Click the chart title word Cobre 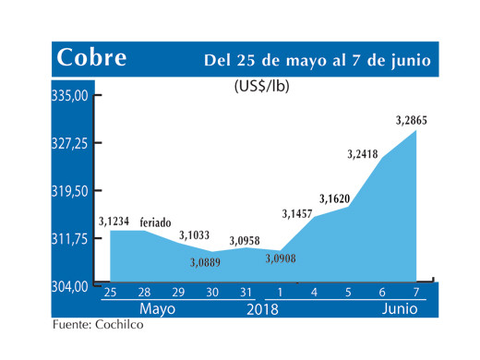tap(91, 58)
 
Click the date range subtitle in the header tap(317, 61)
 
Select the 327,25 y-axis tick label tap(69, 143)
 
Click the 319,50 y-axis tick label tap(69, 191)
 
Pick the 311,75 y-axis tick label tap(69, 238)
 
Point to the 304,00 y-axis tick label tap(69, 286)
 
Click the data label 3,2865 tap(411, 119)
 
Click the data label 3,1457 tap(297, 214)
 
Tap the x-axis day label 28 tap(145, 294)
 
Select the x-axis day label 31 tap(244, 294)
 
